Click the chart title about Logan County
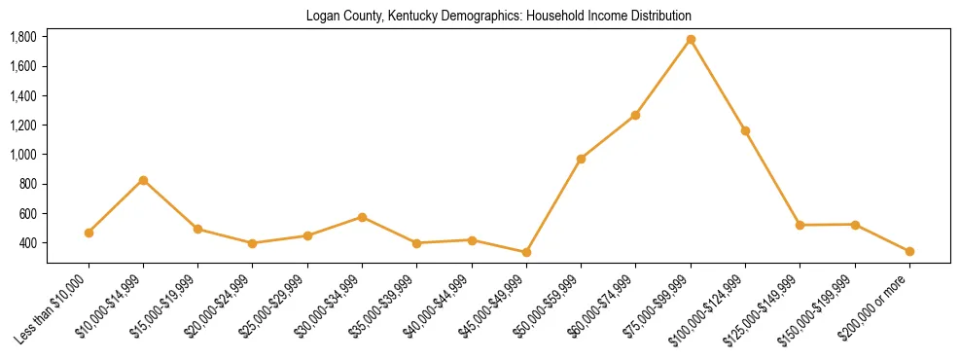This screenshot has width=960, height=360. (498, 17)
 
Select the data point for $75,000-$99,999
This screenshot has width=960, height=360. (691, 40)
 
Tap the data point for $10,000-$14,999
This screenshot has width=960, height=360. (143, 180)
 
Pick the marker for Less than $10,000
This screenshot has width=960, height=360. (89, 233)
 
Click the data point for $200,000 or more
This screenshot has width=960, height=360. (909, 251)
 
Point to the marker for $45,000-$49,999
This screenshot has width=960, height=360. (526, 252)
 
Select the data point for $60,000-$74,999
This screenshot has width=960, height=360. (635, 115)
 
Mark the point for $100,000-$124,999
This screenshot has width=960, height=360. (745, 130)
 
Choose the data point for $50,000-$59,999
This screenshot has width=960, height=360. (581, 159)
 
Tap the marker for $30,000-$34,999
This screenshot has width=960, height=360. (362, 217)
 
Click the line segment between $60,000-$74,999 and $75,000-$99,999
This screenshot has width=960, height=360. (663, 77)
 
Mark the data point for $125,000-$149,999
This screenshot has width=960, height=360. (800, 225)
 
